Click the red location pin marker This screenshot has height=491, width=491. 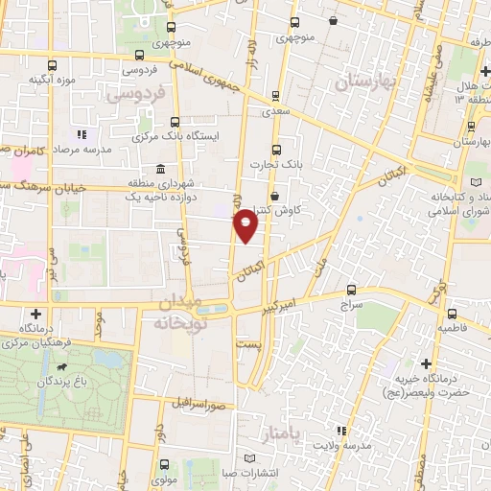246,225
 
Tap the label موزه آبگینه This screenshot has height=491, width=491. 52,80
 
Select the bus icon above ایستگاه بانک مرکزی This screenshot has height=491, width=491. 175,122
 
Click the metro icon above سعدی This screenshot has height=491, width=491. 276,96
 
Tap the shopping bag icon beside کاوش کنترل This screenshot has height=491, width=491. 275,196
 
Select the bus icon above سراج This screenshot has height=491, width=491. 351,290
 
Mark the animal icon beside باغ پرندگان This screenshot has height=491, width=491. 62,367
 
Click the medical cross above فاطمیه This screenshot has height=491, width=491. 452,313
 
